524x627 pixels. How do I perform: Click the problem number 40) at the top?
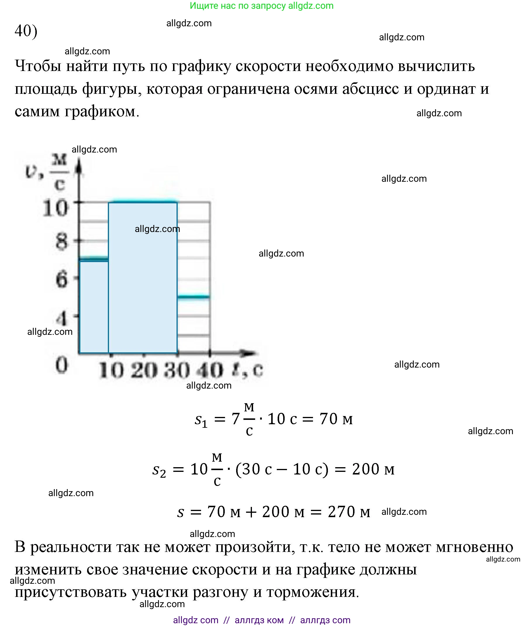coord(26,31)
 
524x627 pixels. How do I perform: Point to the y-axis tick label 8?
coord(61,241)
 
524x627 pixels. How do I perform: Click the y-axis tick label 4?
coord(62,319)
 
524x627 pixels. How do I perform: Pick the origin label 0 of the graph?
coord(61,365)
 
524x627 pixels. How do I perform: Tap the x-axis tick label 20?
coord(144,370)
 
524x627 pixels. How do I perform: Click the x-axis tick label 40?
coord(210,370)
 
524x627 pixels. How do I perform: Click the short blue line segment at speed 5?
coord(193,297)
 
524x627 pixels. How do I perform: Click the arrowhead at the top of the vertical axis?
coord(79,166)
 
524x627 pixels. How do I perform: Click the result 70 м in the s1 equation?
coord(336,419)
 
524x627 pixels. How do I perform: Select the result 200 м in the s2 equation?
coord(373,469)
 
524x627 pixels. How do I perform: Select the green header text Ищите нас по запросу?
coord(238,6)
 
